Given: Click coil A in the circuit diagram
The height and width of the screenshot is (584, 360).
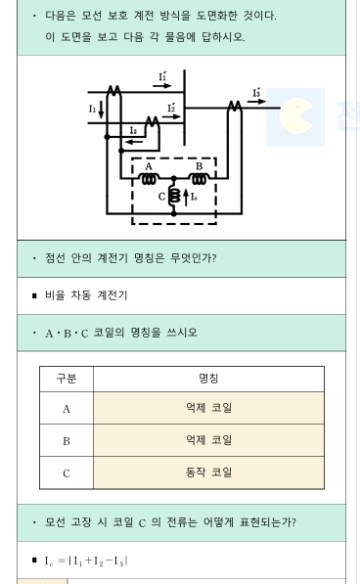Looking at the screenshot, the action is (x=149, y=179).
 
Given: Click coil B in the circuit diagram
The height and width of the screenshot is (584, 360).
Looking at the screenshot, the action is (x=199, y=179).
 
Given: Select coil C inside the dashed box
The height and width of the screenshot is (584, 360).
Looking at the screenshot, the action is (x=174, y=197).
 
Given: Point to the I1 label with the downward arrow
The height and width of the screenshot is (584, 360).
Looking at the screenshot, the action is (x=93, y=109).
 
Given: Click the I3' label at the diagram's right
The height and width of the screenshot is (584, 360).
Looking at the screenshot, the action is (x=256, y=93).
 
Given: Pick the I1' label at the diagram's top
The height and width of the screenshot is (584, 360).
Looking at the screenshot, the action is (x=162, y=76).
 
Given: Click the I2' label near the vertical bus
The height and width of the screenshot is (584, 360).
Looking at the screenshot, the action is (x=171, y=108).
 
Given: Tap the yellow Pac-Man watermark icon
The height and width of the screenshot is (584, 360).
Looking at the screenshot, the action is (x=296, y=116).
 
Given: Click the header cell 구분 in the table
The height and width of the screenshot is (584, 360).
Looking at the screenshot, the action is (x=67, y=379).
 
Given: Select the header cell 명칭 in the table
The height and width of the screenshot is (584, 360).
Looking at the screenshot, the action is (x=208, y=379).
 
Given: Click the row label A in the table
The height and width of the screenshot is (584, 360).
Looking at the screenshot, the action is (x=67, y=408).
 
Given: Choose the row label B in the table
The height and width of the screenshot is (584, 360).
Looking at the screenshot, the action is (x=67, y=440).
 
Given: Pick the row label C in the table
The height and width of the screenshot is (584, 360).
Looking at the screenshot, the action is (x=67, y=472).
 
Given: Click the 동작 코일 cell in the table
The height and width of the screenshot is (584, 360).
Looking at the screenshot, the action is (x=208, y=472).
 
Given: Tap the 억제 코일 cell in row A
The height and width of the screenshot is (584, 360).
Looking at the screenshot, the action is (x=208, y=408).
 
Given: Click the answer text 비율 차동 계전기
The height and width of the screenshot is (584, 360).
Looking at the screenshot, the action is (x=86, y=295).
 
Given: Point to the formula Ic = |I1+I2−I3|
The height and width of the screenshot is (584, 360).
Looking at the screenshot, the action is (x=86, y=561).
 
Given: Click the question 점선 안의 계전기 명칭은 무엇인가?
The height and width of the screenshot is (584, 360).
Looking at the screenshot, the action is (x=131, y=258).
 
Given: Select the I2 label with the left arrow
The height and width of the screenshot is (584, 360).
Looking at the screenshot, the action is (x=134, y=130).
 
